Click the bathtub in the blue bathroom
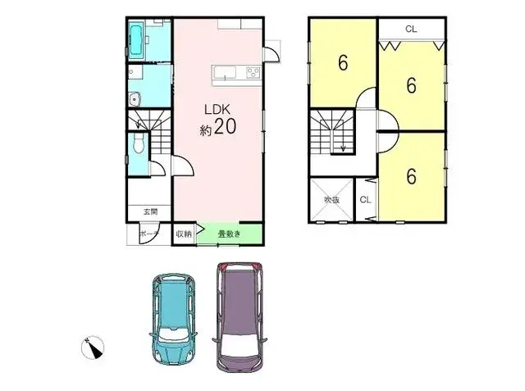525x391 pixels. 136,38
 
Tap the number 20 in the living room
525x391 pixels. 227,129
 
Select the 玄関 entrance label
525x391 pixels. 150,212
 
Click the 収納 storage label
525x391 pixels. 184,234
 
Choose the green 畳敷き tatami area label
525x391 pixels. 229,234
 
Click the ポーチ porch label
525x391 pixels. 148,234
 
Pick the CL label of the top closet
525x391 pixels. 411,29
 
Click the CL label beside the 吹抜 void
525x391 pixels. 365,199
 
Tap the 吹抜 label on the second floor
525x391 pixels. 331,199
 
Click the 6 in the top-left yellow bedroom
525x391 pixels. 342,62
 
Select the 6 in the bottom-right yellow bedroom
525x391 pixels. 411,175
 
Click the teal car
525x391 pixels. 174,316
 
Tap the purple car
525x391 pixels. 237,316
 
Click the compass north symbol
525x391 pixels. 93,348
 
